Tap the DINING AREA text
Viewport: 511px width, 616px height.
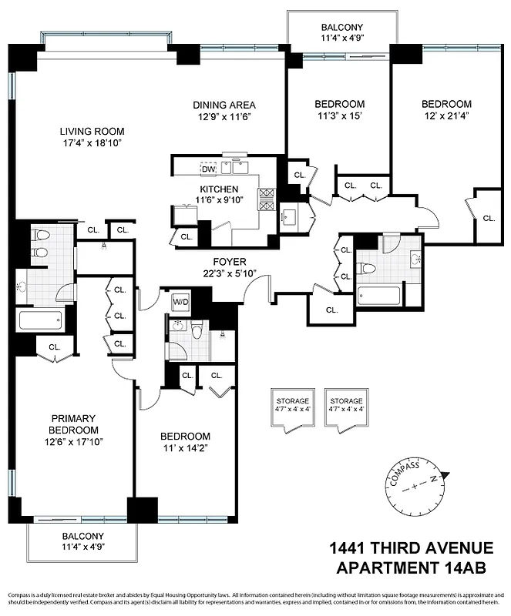point(224,105)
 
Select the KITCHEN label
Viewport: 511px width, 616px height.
point(219,189)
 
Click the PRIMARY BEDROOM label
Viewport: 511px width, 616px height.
point(73,424)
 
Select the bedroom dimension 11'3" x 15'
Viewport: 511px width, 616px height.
point(339,116)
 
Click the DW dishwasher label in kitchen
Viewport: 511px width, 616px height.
point(208,169)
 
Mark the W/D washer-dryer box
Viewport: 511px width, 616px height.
point(181,301)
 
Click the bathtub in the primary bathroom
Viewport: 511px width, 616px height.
point(40,320)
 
